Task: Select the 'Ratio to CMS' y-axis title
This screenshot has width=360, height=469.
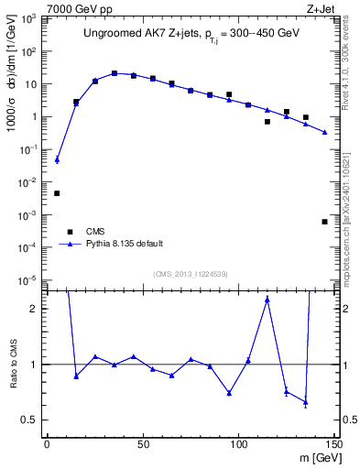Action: (13, 365)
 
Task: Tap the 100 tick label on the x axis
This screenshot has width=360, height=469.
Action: (238, 443)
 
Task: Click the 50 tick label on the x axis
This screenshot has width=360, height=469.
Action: (143, 443)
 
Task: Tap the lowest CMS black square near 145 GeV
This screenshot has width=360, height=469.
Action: (325, 222)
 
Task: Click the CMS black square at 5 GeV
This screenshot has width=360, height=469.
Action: (57, 193)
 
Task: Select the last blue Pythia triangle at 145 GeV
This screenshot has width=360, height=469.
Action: (325, 132)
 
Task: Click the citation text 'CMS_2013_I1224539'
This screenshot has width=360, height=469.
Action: (191, 273)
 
